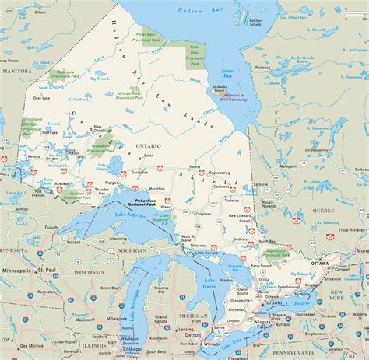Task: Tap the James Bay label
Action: [233, 66]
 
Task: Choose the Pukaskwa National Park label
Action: [148, 201]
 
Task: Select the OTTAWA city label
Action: [320, 264]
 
